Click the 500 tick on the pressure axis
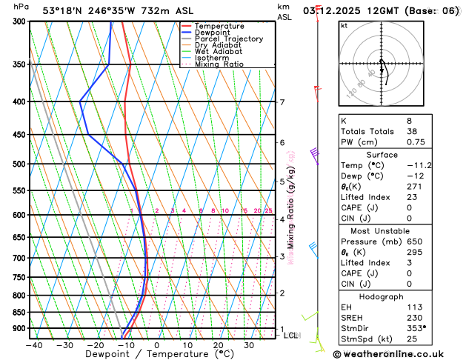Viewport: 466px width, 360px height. (x=20, y=164)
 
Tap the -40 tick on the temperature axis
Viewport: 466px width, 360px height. (x=34, y=344)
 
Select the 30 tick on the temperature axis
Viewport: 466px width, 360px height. (x=250, y=344)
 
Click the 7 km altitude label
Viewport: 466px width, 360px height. (x=282, y=102)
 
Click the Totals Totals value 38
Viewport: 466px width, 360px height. (x=412, y=130)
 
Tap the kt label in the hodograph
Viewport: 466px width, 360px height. (x=344, y=25)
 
